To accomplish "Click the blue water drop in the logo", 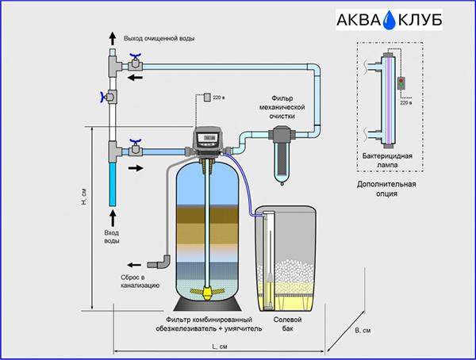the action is pyautogui.click(x=390, y=21).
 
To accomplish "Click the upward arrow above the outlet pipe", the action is pyautogui.click(x=113, y=39).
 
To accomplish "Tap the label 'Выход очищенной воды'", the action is pyautogui.click(x=159, y=39).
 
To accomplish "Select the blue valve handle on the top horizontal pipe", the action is pyautogui.click(x=135, y=56).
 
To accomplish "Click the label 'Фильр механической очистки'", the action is pyautogui.click(x=282, y=107).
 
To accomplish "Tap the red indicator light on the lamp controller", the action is pyautogui.click(x=401, y=80).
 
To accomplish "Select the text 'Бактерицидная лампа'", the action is pyautogui.click(x=387, y=160).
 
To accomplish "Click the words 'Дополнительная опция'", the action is pyautogui.click(x=386, y=189).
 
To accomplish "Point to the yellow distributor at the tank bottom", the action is pyautogui.click(x=208, y=292).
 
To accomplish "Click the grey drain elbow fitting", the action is pyautogui.click(x=160, y=262).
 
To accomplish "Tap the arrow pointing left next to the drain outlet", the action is pyautogui.click(x=134, y=265).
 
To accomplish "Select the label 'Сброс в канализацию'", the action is pyautogui.click(x=140, y=281).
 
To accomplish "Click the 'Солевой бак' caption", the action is pyautogui.click(x=287, y=324).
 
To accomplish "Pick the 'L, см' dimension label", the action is pyautogui.click(x=220, y=347).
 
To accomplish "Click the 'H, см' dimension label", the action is pyautogui.click(x=84, y=197).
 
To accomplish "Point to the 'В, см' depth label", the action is pyautogui.click(x=363, y=330).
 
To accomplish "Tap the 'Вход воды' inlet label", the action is pyautogui.click(x=112, y=237).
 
